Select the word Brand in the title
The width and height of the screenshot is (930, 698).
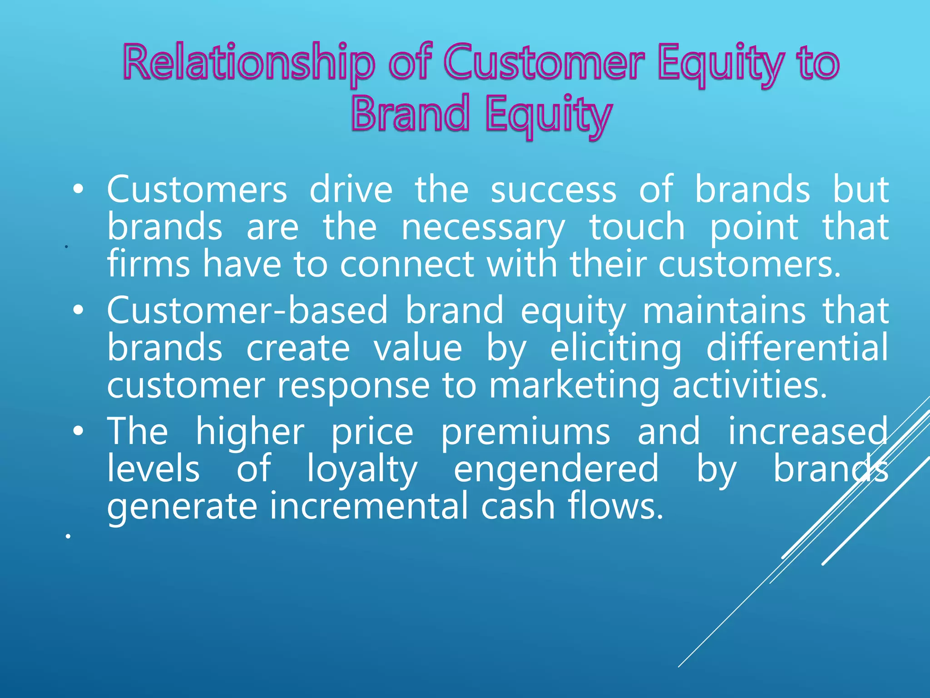click(x=410, y=114)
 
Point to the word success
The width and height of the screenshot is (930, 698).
click(x=554, y=190)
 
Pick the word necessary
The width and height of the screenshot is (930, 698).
click(x=483, y=228)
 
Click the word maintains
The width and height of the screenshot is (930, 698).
click(x=724, y=310)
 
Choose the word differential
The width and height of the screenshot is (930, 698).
click(x=797, y=348)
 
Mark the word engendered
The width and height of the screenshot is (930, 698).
click(x=556, y=469)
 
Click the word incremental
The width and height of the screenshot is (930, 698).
click(x=369, y=506)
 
